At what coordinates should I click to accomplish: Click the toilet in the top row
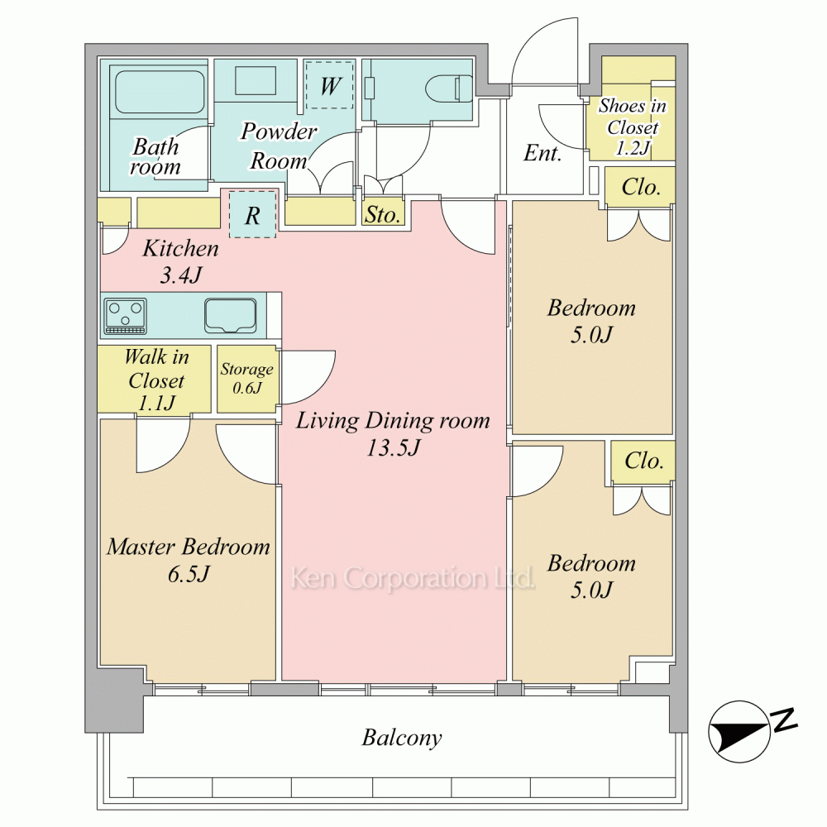(x=449, y=88)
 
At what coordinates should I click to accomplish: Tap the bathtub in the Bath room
(x=160, y=92)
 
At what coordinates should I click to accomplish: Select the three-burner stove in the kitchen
(x=126, y=316)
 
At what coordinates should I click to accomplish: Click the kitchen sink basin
(x=231, y=315)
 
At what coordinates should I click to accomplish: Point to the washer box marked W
(x=330, y=85)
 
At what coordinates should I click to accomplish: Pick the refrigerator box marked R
(x=252, y=214)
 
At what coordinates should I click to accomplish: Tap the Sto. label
(x=382, y=215)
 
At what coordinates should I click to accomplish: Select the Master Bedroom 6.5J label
(x=189, y=560)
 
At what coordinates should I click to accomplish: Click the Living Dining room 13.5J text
(x=393, y=433)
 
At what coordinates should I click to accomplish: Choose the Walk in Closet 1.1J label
(x=156, y=380)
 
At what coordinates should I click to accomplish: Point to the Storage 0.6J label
(x=246, y=378)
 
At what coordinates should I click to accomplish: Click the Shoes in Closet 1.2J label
(x=633, y=127)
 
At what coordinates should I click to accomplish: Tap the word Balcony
(x=402, y=738)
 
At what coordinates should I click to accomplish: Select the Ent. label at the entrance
(x=543, y=153)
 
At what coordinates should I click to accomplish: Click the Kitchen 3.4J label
(x=181, y=261)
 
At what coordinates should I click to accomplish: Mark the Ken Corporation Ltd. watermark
(x=413, y=578)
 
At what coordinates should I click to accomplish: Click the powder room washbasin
(x=256, y=80)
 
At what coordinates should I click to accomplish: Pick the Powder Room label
(x=279, y=146)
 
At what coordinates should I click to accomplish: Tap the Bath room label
(x=155, y=156)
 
